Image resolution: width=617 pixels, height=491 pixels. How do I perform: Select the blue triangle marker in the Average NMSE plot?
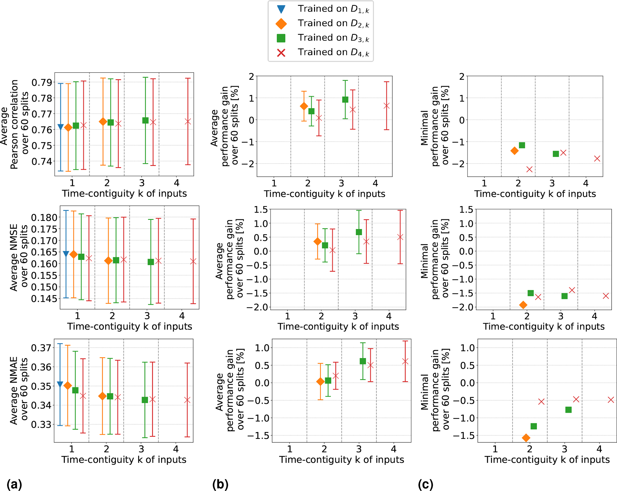coord(66,254)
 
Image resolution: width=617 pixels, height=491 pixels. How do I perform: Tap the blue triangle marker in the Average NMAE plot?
coord(60,385)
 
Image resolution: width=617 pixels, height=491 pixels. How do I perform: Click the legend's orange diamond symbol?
coord(281,24)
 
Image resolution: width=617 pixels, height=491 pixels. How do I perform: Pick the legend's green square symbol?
coord(281,38)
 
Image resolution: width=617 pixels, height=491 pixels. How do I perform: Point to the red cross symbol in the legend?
coord(281,53)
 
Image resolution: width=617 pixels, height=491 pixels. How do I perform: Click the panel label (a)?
coord(14,484)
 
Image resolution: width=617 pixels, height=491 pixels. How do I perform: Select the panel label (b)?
coord(220,484)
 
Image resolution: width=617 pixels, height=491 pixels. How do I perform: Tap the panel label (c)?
coord(426,484)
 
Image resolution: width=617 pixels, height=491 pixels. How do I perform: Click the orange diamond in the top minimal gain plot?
coord(514,151)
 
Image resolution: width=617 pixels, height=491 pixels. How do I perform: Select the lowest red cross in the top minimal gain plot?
coord(529,169)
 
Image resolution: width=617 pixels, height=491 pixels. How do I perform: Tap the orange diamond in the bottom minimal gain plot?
coord(526,438)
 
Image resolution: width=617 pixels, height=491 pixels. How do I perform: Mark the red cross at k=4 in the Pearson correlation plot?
coord(188,121)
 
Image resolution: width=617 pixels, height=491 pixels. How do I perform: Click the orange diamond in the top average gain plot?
coord(304,106)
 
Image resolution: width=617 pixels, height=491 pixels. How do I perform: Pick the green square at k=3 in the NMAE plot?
coord(145,400)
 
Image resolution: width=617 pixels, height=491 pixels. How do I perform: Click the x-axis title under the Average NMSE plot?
coord(130,326)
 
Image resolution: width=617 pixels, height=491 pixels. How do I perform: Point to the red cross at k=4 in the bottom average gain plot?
coord(405,361)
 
